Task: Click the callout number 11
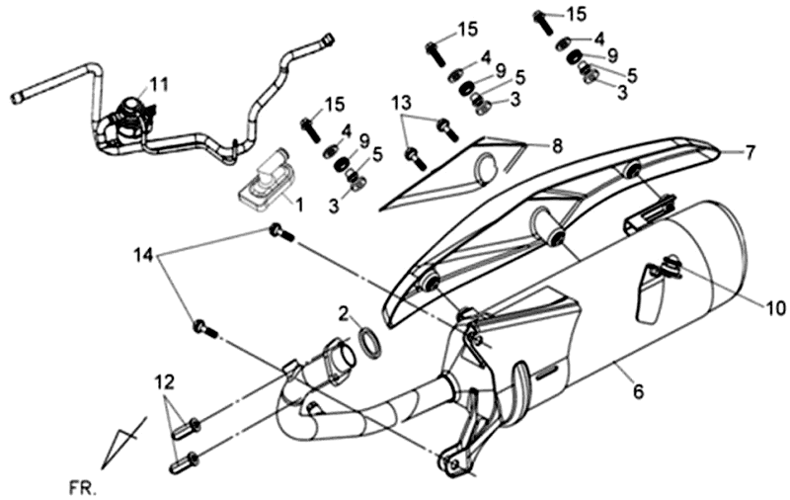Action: click(160, 81)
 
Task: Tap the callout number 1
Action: click(300, 204)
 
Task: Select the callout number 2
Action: click(343, 313)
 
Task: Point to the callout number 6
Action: click(638, 392)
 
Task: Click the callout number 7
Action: click(750, 152)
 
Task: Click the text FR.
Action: click(84, 486)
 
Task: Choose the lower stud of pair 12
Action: click(186, 458)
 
